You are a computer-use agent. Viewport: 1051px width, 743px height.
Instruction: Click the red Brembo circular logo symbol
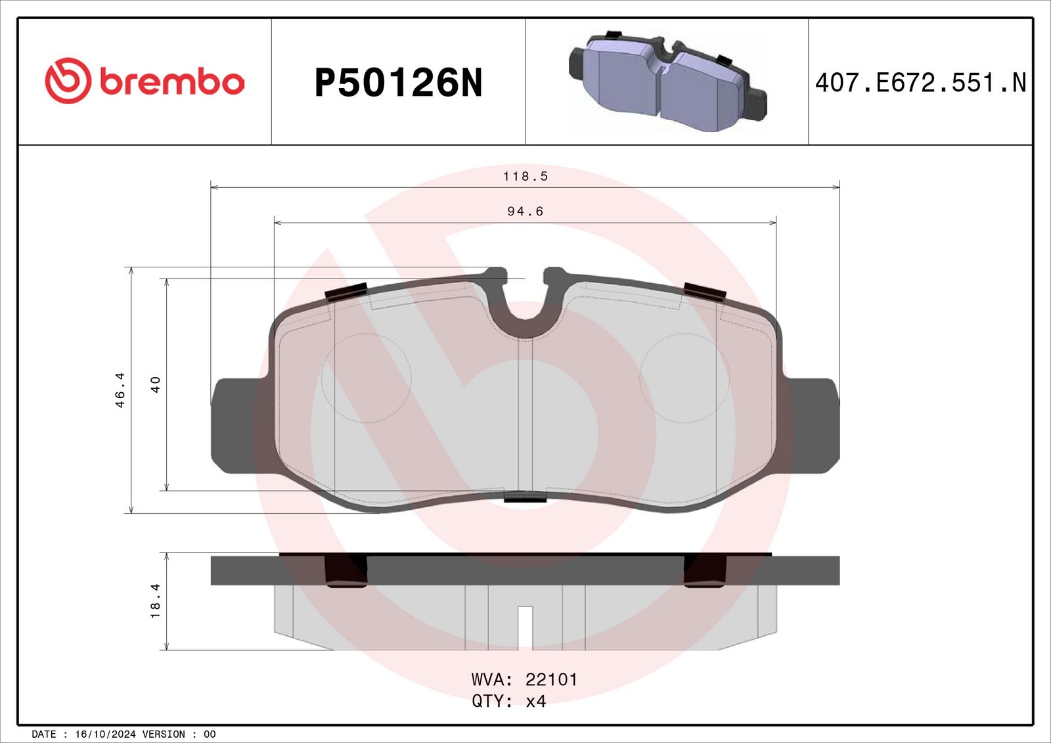(x=68, y=81)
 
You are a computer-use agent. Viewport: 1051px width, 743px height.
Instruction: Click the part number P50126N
(x=398, y=83)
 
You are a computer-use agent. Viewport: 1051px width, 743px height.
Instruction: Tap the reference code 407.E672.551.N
(x=921, y=83)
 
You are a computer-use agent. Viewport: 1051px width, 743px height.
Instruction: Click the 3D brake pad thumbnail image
(x=668, y=81)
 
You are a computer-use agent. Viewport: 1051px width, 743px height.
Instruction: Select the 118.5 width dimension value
(x=525, y=176)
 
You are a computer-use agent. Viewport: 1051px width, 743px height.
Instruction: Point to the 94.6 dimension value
(x=525, y=212)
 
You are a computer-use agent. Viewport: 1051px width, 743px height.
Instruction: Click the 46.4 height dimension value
(x=120, y=390)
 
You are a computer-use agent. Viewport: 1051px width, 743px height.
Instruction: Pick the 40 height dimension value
(x=155, y=384)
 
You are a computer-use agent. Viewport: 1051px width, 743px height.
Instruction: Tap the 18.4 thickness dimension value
(x=155, y=601)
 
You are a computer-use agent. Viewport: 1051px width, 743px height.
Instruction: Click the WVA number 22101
(x=551, y=679)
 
